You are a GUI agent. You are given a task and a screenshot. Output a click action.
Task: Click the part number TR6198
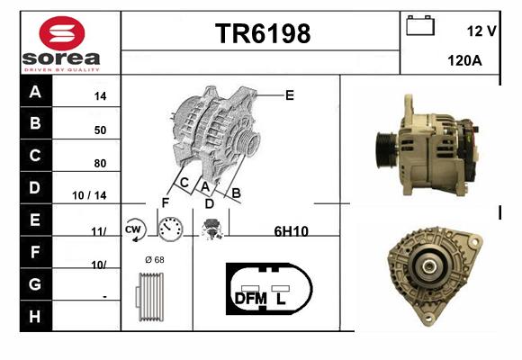coord(263,33)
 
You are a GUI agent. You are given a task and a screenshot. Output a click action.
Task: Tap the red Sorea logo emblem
coord(62,33)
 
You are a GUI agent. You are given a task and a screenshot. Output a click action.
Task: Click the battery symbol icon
coord(420,25)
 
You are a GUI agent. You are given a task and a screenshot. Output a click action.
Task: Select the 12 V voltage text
coord(481,31)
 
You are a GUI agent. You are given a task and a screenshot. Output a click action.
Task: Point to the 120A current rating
coord(464,60)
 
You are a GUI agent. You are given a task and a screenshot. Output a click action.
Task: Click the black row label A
coord(36,91)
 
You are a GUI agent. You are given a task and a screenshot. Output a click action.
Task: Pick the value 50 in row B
coord(100,130)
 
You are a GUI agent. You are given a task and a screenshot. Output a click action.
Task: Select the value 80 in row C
coord(100,163)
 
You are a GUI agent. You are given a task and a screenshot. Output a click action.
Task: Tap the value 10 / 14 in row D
coord(89,195)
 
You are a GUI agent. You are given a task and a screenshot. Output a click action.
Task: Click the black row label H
coord(36,316)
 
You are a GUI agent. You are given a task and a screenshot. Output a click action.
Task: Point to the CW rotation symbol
coord(134,229)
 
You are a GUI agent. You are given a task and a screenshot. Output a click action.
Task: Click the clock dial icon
coord(170,229)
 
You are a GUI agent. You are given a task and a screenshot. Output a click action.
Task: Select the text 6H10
coord(292,231)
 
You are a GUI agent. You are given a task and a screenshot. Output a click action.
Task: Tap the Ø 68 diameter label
coord(155,259)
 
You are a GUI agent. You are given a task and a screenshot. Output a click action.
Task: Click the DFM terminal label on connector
coord(251,299)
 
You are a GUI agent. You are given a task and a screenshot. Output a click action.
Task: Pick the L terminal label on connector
coord(281,299)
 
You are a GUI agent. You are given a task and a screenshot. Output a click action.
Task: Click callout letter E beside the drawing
coord(290,95)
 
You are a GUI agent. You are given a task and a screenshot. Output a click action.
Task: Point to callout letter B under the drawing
coord(236,193)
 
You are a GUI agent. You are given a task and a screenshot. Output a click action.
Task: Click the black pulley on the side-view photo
coord(386,150)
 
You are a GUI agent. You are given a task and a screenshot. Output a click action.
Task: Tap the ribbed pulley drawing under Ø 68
coord(150,297)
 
